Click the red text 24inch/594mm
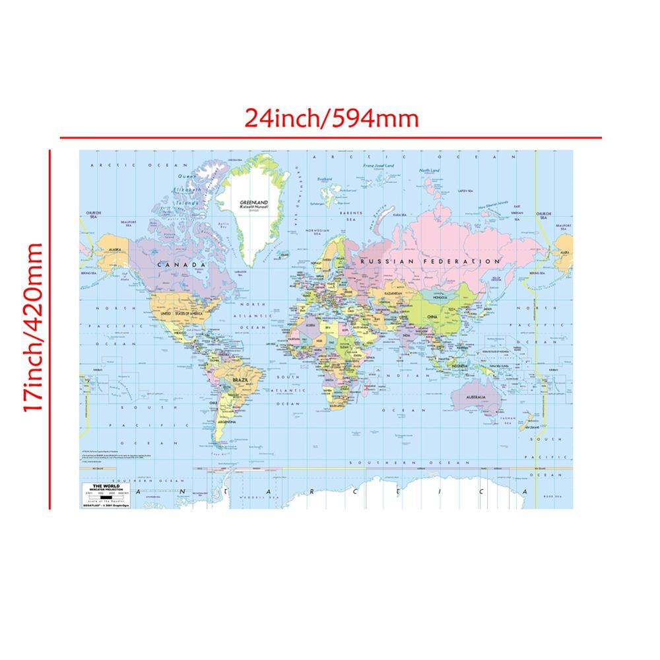(x=331, y=119)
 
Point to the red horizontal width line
(x=330, y=138)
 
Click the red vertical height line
(x=50, y=330)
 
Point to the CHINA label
(x=432, y=317)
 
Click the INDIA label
(x=407, y=335)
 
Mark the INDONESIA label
(x=459, y=365)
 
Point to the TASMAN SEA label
(x=506, y=418)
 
